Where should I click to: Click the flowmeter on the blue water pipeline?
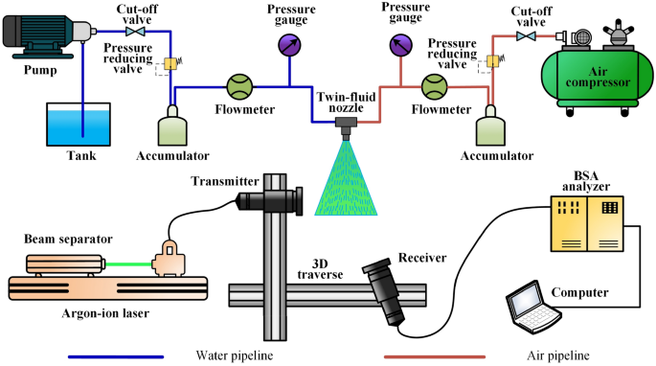[238, 86]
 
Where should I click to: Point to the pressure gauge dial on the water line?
[287, 44]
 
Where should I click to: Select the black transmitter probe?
[270, 200]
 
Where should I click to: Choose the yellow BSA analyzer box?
[587, 219]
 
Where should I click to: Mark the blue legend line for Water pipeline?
[129, 356]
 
